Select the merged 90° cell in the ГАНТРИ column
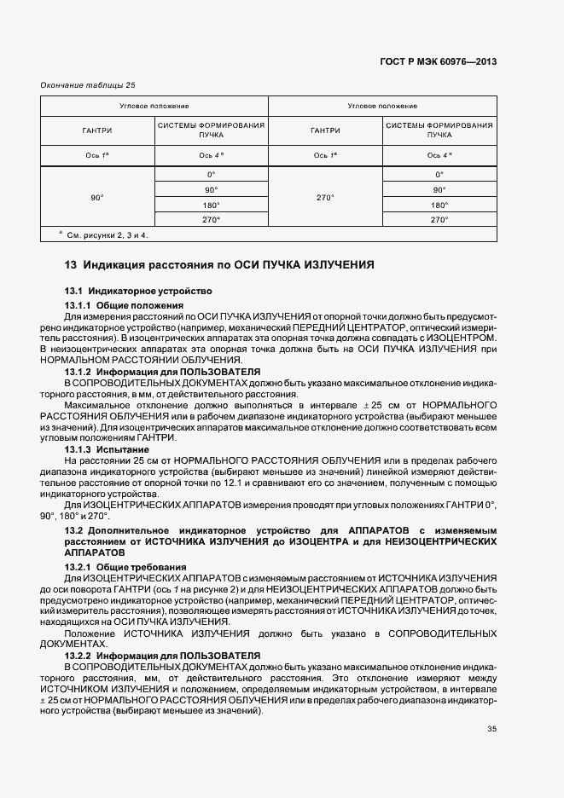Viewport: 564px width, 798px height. [97, 197]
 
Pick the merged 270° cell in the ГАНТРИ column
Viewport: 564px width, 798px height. [325, 197]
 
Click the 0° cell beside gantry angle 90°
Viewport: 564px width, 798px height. [211, 175]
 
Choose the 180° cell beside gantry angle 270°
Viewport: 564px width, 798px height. [439, 205]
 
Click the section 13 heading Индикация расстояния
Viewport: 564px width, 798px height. [219, 265]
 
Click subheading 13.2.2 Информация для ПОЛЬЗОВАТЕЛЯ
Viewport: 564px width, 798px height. [162, 654]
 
